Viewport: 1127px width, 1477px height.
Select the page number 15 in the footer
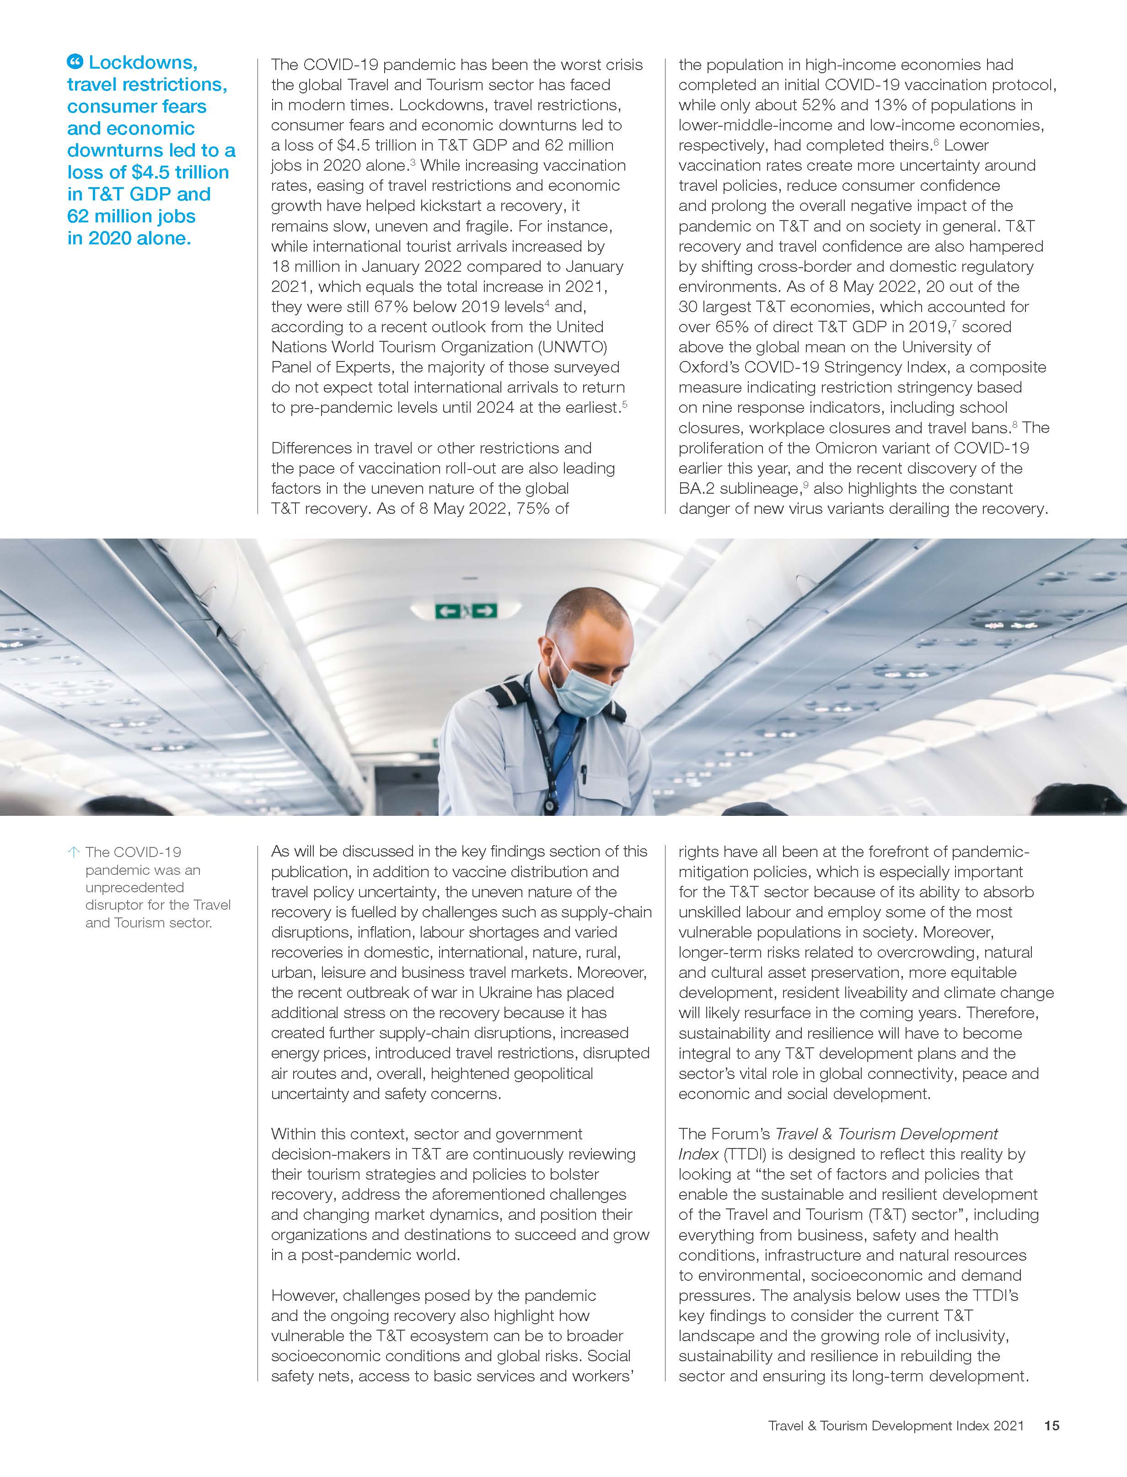pos(1051,1425)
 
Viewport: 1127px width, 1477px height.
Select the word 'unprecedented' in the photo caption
pos(134,887)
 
